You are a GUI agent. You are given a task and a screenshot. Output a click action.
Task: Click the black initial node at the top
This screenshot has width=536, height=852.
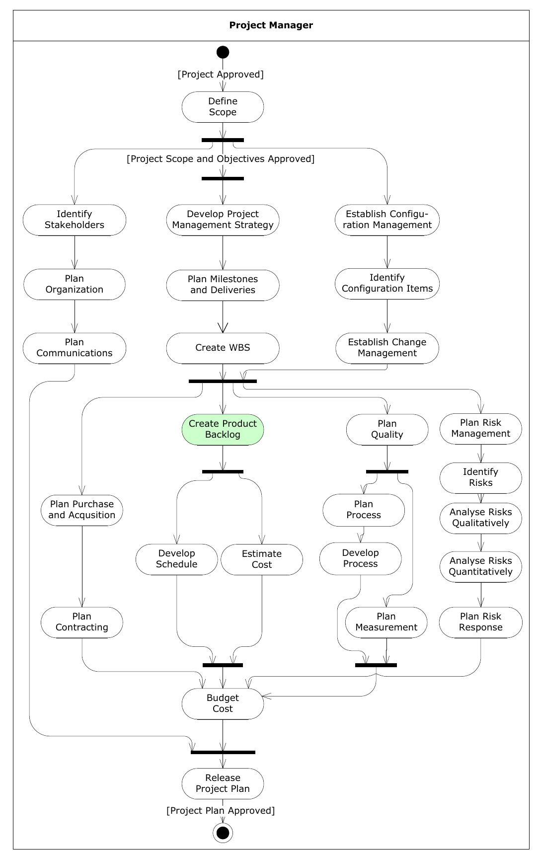coord(223,52)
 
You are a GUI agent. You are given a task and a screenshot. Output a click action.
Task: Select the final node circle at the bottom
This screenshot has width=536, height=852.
coord(223,832)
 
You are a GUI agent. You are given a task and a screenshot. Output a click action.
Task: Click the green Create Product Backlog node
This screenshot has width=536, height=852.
coord(223,429)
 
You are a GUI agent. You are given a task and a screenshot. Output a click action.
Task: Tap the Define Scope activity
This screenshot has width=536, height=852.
coord(223,107)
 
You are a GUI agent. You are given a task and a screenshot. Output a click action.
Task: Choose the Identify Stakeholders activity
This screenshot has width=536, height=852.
coord(75,220)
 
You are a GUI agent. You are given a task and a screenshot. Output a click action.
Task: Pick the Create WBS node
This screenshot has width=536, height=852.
coord(223,348)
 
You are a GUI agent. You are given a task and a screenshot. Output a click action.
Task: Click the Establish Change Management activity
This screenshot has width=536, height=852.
coord(387,348)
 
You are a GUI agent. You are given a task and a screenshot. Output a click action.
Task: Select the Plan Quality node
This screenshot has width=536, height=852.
coord(387,429)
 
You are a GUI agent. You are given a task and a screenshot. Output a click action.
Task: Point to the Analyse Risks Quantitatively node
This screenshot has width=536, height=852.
coord(480,566)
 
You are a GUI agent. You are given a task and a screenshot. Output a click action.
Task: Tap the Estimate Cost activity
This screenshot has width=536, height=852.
coord(261,559)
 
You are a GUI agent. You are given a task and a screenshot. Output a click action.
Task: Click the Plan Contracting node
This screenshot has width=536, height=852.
coord(82,622)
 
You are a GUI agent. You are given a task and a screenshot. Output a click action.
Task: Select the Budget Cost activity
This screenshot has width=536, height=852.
coord(223,703)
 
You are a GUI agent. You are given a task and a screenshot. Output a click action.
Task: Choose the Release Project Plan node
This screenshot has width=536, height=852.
coord(223,783)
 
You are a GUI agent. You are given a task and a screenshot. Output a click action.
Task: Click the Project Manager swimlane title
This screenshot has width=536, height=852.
coord(271,25)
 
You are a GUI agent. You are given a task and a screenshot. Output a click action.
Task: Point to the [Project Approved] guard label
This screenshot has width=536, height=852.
coord(221,75)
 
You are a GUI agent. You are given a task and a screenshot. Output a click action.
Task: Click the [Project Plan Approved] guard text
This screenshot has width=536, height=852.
coord(221,811)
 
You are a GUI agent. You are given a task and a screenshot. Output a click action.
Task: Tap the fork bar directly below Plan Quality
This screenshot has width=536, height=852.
coord(387,471)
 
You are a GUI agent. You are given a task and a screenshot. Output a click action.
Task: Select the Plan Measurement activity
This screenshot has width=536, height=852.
coord(386,622)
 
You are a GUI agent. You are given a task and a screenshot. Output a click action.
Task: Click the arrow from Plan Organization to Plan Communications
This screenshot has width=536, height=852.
coord(75,316)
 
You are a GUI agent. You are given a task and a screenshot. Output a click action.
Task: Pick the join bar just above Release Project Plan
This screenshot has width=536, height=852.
coord(223,752)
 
